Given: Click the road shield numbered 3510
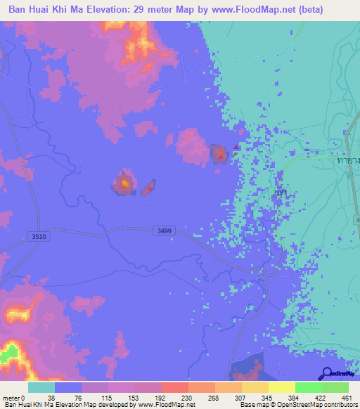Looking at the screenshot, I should [38, 237].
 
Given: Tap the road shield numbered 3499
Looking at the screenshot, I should [163, 231].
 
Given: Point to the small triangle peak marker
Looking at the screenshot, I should [236, 147].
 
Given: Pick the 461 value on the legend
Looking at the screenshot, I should [346, 398].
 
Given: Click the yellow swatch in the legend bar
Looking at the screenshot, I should [281, 387].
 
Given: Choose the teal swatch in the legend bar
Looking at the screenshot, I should [41, 387].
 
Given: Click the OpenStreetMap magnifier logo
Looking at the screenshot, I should [326, 374].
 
